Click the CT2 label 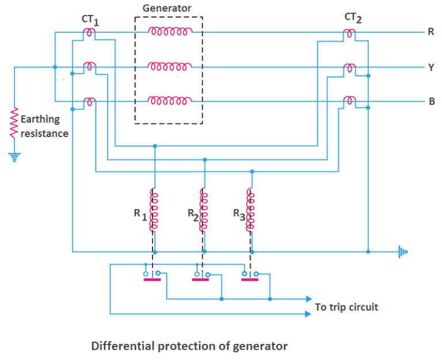352,18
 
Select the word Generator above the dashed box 167,8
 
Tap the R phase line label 430,32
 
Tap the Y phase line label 430,67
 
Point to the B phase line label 430,102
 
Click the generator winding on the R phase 169,32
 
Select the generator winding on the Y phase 169,67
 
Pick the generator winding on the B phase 169,102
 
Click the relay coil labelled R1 153,210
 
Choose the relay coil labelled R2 203,210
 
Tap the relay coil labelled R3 250,210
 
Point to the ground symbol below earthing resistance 14,156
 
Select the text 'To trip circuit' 346,307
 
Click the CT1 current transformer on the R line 89,33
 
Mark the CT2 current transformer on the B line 349,102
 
